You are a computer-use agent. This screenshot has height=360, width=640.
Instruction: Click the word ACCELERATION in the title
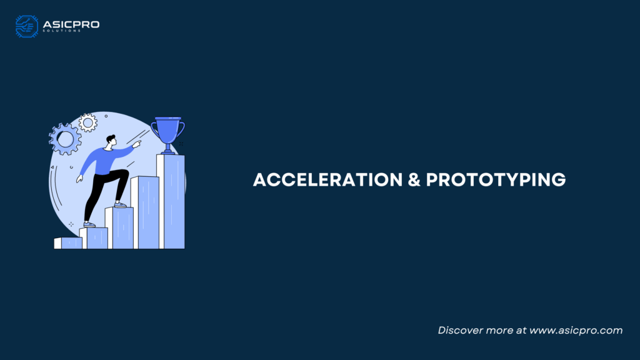coord(327,180)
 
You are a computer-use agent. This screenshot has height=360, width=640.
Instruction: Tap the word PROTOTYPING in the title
coord(496,180)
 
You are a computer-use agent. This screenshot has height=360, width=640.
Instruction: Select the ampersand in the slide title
coord(414,180)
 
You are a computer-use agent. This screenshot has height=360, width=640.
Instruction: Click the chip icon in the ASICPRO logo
coord(27,26)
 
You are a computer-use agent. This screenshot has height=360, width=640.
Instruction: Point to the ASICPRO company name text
coord(71,24)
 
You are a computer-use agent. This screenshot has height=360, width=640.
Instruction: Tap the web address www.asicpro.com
coord(576,330)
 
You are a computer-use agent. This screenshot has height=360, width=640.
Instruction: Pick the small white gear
coord(87,122)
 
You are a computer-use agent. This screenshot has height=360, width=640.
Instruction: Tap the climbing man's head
coord(111,141)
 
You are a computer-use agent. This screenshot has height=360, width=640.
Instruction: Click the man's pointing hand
coord(137,144)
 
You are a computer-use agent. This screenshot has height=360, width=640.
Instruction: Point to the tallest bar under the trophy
coord(171,201)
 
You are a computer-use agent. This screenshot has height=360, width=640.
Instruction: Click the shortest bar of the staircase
coord(68,243)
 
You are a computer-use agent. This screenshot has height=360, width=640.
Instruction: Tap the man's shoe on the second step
coord(89,225)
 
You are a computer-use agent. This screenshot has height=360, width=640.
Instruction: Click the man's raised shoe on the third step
coord(121,205)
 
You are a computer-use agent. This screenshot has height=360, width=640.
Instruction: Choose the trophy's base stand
coord(167,151)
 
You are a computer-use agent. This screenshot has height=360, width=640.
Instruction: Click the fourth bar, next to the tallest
coord(145,212)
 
